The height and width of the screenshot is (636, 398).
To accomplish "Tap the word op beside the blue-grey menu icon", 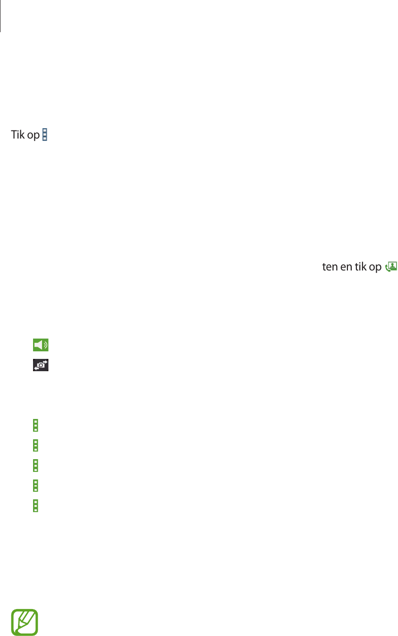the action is (x=33, y=136).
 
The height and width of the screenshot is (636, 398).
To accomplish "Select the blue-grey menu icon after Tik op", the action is (x=45, y=135).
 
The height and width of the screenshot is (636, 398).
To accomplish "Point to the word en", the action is (x=346, y=267).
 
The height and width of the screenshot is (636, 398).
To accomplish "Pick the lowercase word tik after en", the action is (x=360, y=267).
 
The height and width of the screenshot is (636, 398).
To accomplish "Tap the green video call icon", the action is (x=391, y=267).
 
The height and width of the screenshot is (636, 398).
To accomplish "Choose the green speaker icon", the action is (x=41, y=345).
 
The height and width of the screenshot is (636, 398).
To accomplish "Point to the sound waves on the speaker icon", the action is (x=45, y=345).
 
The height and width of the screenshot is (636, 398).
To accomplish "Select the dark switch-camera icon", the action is (x=41, y=365).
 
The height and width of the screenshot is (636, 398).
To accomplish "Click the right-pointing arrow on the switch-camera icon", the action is (x=45, y=362).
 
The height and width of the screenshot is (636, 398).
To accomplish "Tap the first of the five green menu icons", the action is (x=35, y=426).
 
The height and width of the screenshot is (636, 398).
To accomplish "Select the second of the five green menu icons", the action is (x=35, y=445).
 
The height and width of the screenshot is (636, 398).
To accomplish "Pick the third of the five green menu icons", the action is (x=35, y=465).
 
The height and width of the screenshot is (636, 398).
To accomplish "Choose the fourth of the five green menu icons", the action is (x=35, y=485).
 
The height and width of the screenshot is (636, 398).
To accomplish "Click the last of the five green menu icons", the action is (x=35, y=505).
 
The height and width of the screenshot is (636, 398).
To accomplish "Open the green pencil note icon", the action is (x=24, y=622).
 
